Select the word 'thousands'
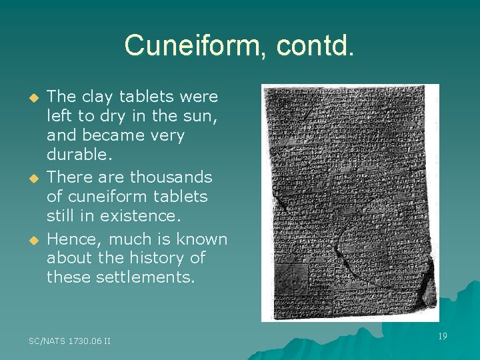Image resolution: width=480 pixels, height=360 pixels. (171, 177)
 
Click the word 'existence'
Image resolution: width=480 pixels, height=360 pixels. (142, 216)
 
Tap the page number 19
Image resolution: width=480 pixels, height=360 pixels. (441, 337)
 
